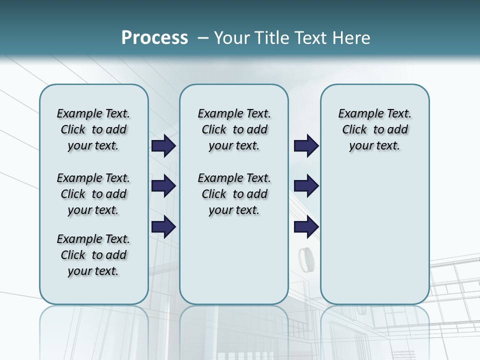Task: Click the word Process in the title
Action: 154,37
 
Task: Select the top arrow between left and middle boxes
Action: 163,145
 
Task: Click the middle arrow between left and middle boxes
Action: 163,186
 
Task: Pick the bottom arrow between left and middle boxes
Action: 163,226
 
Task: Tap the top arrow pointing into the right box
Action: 306,145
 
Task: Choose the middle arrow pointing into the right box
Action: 306,186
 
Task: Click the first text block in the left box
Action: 93,129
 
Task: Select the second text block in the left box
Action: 93,194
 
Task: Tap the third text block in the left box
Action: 93,255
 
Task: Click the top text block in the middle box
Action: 234,129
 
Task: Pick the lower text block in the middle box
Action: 234,194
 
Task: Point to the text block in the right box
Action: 374,129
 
